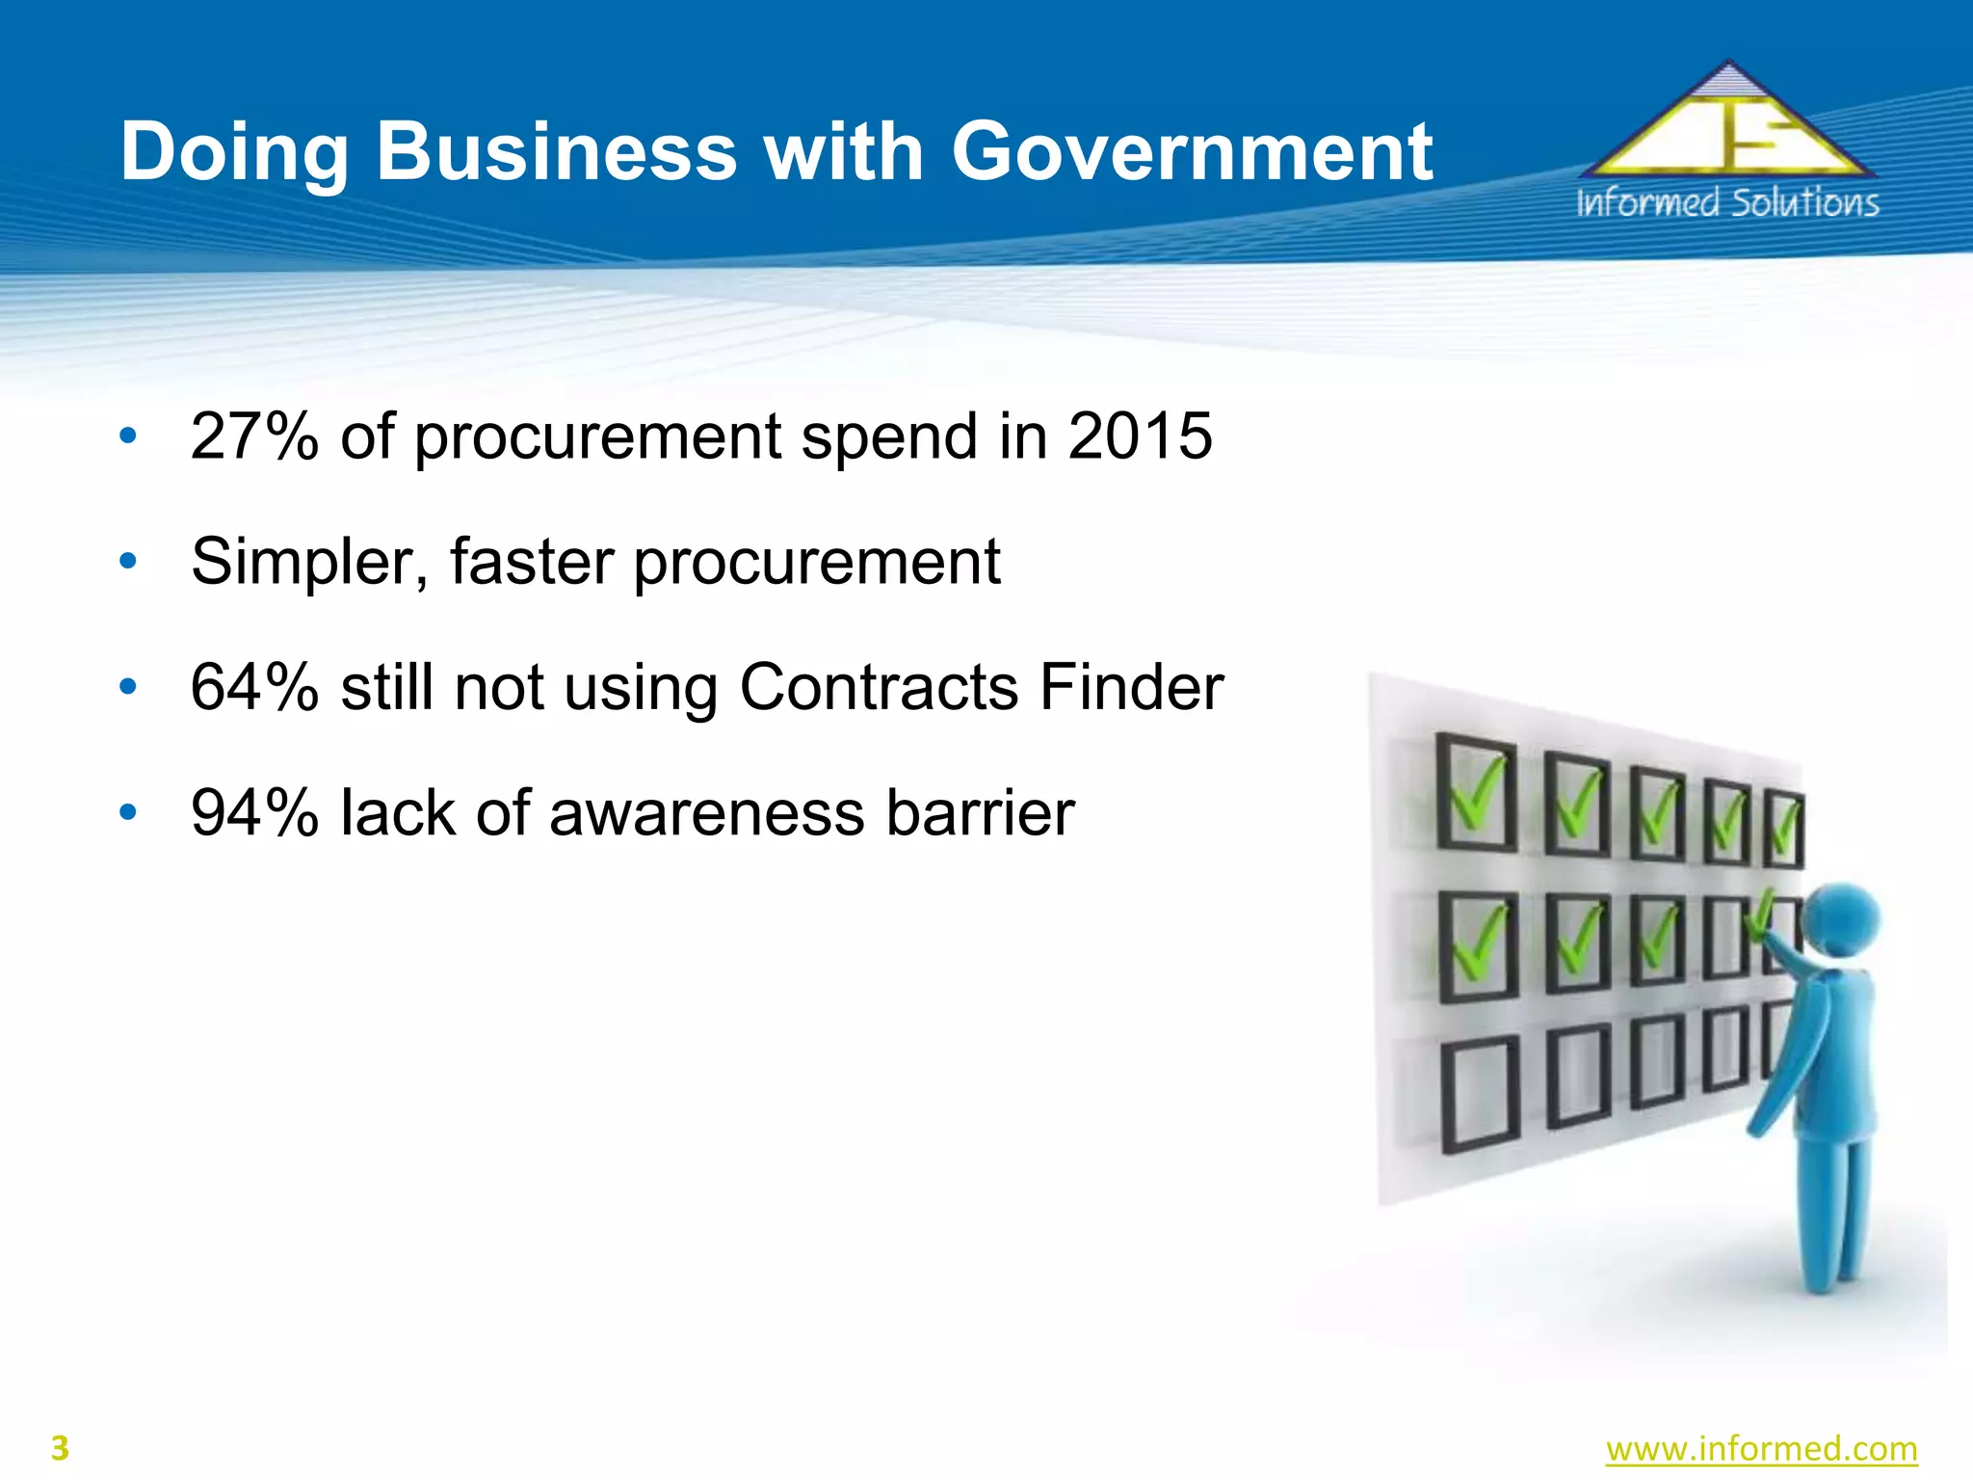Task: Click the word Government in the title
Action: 1192,152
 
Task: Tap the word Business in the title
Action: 556,152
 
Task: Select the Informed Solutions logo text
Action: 1727,203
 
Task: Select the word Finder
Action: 1132,688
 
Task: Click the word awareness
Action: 707,813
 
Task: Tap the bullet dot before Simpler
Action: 128,561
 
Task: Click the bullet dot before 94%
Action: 128,812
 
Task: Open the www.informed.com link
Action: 1761,1449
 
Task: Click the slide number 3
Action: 60,1449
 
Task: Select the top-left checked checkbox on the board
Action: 1474,793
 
